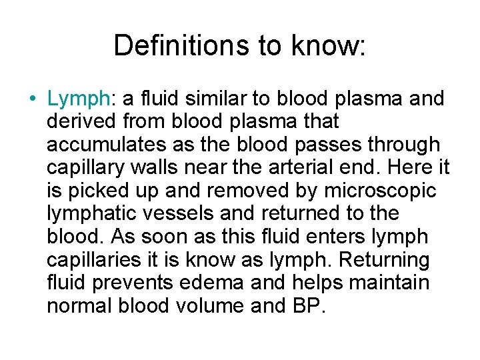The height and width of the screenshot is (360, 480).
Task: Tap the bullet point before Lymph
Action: tap(33, 99)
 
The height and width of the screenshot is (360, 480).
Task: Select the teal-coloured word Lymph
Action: tap(78, 100)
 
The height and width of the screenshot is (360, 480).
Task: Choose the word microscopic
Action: tap(380, 191)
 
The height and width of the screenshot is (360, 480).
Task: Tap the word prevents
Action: tap(135, 283)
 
